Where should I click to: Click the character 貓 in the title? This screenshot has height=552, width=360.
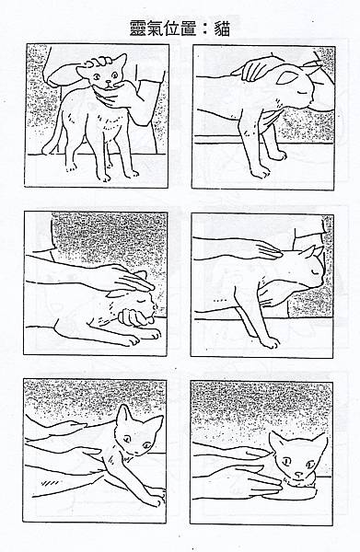pyautogui.click(x=222, y=29)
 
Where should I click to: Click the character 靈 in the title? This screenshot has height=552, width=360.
pyautogui.click(x=138, y=28)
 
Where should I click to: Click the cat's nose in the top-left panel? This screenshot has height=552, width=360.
pyautogui.click(x=109, y=82)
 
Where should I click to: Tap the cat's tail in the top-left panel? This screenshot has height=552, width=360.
pyautogui.click(x=53, y=138)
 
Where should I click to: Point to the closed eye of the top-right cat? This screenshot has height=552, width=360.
pyautogui.click(x=302, y=92)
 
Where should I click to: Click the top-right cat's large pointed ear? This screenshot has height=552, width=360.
pyautogui.click(x=287, y=77)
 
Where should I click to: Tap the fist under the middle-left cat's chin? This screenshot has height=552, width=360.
pyautogui.click(x=134, y=316)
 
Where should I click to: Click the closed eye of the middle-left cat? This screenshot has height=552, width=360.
pyautogui.click(x=141, y=302)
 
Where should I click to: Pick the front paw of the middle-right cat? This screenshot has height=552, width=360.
pyautogui.click(x=271, y=342)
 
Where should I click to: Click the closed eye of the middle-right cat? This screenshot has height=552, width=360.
pyautogui.click(x=314, y=271)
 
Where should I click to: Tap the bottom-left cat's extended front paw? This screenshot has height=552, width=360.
pyautogui.click(x=157, y=498)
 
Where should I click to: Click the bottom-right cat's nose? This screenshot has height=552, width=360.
pyautogui.click(x=298, y=475)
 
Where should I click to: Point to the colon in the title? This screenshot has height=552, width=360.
pyautogui.click(x=205, y=29)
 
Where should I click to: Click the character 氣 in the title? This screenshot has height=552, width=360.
pyautogui.click(x=155, y=28)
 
